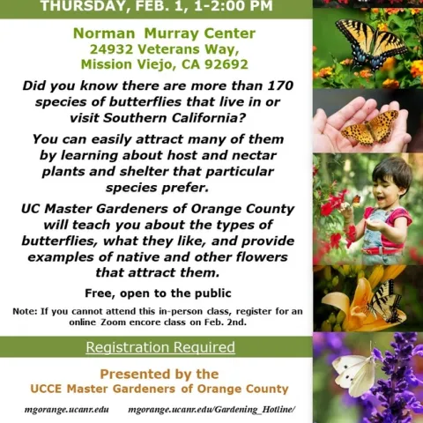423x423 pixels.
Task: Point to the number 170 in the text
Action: pos(273,85)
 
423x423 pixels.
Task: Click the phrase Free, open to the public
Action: pos(158,293)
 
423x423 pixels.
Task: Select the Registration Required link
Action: pos(160,347)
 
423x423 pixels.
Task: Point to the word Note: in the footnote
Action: pos(25,311)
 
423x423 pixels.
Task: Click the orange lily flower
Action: pos(344,304)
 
